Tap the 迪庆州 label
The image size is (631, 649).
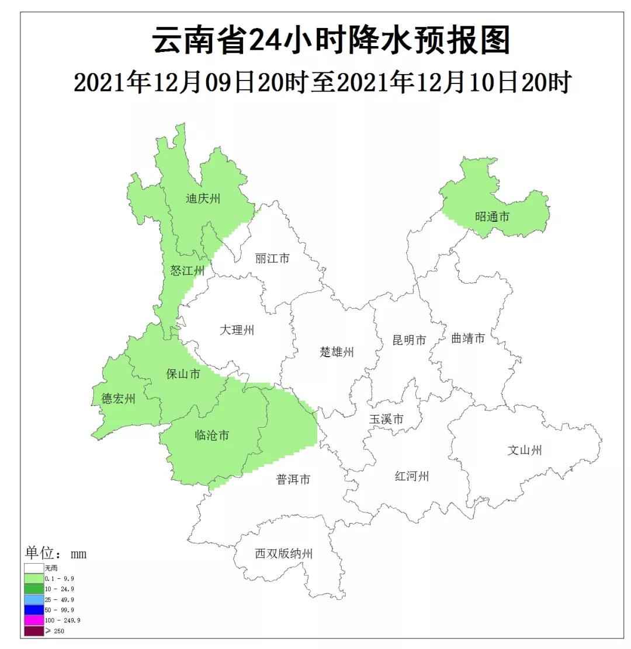point(203,198)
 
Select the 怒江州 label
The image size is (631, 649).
point(188,271)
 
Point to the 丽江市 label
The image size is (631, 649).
point(272,258)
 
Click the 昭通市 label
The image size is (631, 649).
point(492,217)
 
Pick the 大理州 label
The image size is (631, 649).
point(237,330)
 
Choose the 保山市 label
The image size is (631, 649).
point(183,374)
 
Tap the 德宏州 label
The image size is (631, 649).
point(119,399)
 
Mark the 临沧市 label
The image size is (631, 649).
point(212,435)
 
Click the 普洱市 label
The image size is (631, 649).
point(293,479)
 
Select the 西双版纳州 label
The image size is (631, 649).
point(283,553)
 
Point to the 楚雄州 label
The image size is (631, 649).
point(337,352)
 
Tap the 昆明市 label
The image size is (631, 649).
point(409,340)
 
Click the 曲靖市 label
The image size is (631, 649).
point(468,338)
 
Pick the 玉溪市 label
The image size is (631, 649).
point(386,419)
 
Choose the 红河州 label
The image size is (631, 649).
point(412,476)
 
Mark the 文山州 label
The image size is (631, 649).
point(524,450)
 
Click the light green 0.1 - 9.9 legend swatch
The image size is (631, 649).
point(34,578)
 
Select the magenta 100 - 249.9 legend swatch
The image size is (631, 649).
point(34,620)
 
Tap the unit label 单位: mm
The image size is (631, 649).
point(56,553)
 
